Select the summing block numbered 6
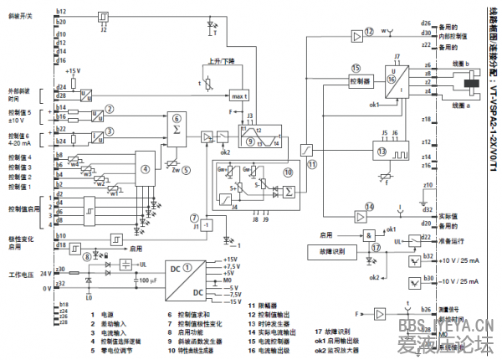point(177,125)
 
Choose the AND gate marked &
point(368,235)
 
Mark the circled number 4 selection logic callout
point(146,167)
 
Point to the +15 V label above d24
point(74,71)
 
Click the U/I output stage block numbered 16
point(395,81)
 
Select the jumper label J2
point(103,28)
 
